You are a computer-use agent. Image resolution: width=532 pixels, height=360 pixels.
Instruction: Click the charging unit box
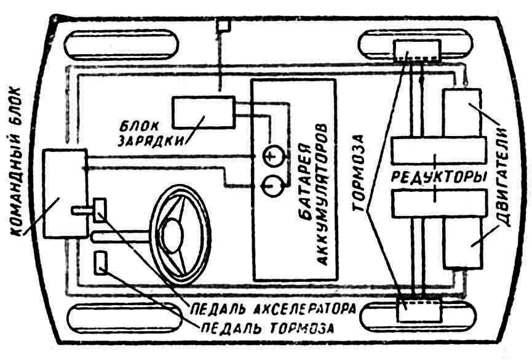click(203, 113)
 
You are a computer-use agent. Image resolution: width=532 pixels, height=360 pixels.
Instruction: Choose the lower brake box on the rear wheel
click(419, 309)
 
